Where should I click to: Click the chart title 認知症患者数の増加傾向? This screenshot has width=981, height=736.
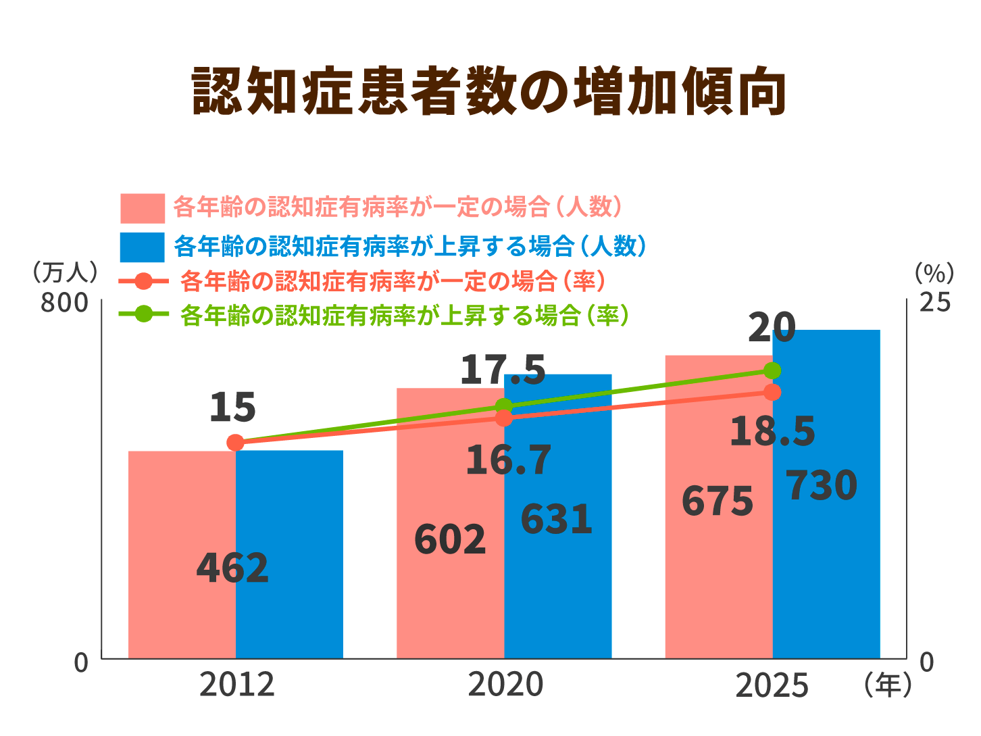(489, 92)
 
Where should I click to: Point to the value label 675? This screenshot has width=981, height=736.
(717, 501)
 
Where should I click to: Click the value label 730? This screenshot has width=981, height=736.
(822, 486)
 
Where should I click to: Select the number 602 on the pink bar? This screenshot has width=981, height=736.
(449, 539)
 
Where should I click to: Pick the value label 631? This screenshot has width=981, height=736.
(556, 519)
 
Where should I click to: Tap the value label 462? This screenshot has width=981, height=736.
(232, 568)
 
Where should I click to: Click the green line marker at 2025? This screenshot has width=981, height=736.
(772, 370)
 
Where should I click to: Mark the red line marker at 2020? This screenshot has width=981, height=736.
(504, 418)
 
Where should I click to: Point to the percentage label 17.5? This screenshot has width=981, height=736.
(502, 370)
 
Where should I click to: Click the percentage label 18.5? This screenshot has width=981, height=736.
(772, 431)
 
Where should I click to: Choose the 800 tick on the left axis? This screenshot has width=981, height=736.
(65, 303)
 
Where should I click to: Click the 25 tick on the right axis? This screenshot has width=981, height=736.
(934, 302)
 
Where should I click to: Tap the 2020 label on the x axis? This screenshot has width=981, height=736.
(505, 685)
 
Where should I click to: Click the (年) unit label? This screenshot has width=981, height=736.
(887, 685)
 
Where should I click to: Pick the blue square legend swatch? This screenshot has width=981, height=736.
(142, 247)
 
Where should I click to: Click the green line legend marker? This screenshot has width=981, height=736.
(143, 314)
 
